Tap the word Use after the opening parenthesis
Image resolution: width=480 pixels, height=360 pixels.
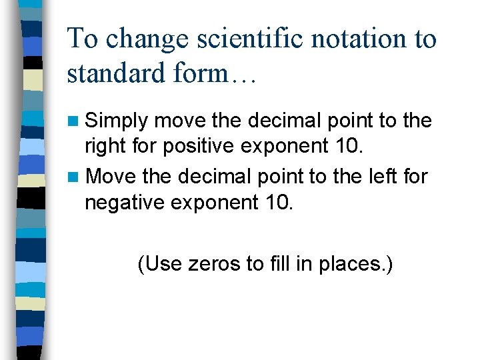[x=162, y=264]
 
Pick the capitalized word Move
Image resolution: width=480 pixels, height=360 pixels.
[x=111, y=177]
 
